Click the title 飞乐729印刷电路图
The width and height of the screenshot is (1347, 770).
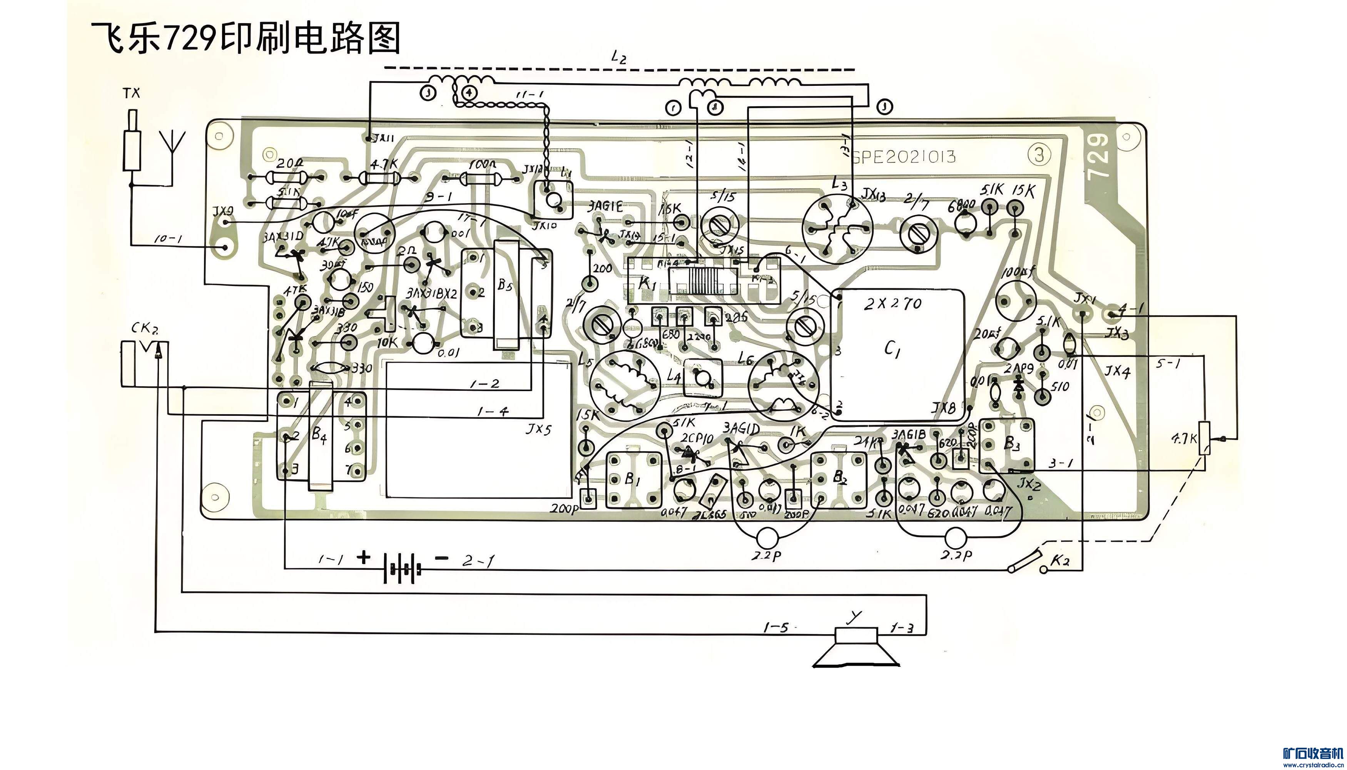pyautogui.click(x=246, y=38)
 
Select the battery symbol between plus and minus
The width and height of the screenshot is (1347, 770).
pyautogui.click(x=403, y=569)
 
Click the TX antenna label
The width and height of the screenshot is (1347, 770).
pyautogui.click(x=132, y=94)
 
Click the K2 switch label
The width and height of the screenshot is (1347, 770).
pyautogui.click(x=1060, y=561)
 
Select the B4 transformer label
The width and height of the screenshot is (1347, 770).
pyautogui.click(x=319, y=435)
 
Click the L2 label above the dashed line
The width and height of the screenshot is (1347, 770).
pyautogui.click(x=618, y=57)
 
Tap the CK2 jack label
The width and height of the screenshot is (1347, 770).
pyautogui.click(x=144, y=329)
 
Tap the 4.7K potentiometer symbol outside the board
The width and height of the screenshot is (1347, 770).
pyautogui.click(x=1205, y=438)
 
